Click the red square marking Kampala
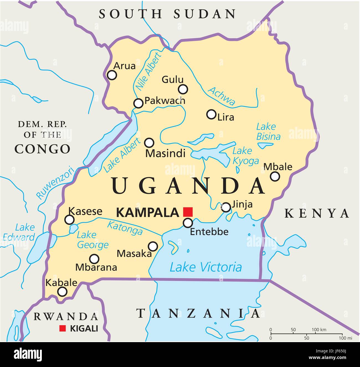188,212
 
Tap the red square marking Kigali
63,328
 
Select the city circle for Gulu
183,89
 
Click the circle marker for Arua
112,75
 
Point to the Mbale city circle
275,176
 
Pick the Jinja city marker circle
226,207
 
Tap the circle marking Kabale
62,291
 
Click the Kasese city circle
69,220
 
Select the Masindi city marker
149,143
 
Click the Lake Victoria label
205,267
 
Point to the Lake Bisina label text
268,132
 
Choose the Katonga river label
125,228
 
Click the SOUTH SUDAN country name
168,14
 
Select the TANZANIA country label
198,313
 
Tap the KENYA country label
317,213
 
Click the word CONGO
42,149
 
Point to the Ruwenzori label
55,183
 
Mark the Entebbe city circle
188,222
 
